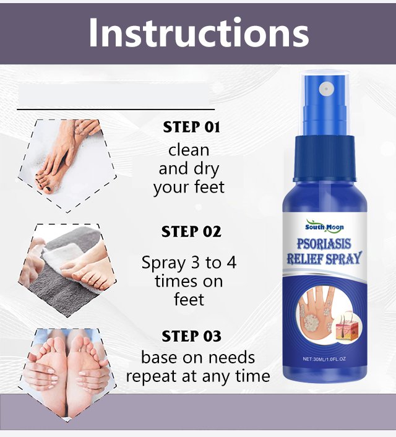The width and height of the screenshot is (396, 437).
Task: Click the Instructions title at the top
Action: pos(199,33)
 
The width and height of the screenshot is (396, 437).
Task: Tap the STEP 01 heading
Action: pos(191,127)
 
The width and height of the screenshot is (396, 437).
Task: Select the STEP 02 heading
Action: pos(191,231)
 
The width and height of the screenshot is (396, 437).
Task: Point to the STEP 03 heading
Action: pos(191,336)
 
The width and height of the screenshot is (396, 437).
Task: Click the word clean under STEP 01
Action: pos(189,150)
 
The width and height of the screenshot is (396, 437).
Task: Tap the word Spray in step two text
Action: pos(163,263)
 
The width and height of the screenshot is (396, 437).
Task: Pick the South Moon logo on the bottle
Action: pos(324,227)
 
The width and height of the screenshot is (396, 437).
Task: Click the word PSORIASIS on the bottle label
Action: pos(324,244)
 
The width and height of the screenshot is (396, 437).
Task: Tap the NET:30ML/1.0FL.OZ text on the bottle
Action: pos(324,359)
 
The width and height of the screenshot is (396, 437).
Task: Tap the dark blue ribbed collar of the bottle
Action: pos(324,158)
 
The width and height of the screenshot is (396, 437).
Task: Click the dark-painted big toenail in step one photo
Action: pos(49,189)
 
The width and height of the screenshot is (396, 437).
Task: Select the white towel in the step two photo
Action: pos(62,257)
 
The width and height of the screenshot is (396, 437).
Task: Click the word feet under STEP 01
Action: pos(210,187)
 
